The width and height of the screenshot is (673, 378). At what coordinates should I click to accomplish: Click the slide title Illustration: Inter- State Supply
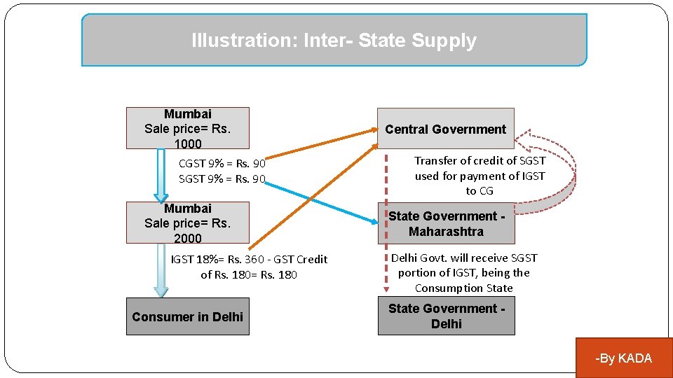(x=334, y=41)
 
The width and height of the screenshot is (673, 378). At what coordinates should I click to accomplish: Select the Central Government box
(x=445, y=129)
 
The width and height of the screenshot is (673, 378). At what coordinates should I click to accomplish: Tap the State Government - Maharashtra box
(x=446, y=223)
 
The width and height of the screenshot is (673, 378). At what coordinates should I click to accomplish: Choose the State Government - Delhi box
(x=446, y=316)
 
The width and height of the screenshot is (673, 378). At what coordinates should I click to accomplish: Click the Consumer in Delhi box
(x=187, y=316)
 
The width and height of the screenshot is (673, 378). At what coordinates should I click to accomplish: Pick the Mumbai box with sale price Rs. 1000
(x=187, y=128)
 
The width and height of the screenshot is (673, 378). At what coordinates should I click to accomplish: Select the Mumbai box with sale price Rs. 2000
(x=187, y=223)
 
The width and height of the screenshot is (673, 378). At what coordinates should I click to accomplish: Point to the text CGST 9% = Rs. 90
(x=222, y=164)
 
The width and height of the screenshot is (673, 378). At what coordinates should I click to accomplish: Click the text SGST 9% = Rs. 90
(x=222, y=178)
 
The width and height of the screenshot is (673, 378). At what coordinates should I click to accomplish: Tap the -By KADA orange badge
(x=623, y=358)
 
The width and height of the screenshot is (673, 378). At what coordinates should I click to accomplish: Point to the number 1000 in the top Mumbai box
(x=187, y=143)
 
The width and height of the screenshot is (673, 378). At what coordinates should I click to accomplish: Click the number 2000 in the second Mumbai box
(x=187, y=238)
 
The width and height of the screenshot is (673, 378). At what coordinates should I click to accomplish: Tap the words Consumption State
(x=463, y=288)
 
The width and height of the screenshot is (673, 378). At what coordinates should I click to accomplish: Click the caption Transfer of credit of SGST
(x=480, y=160)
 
